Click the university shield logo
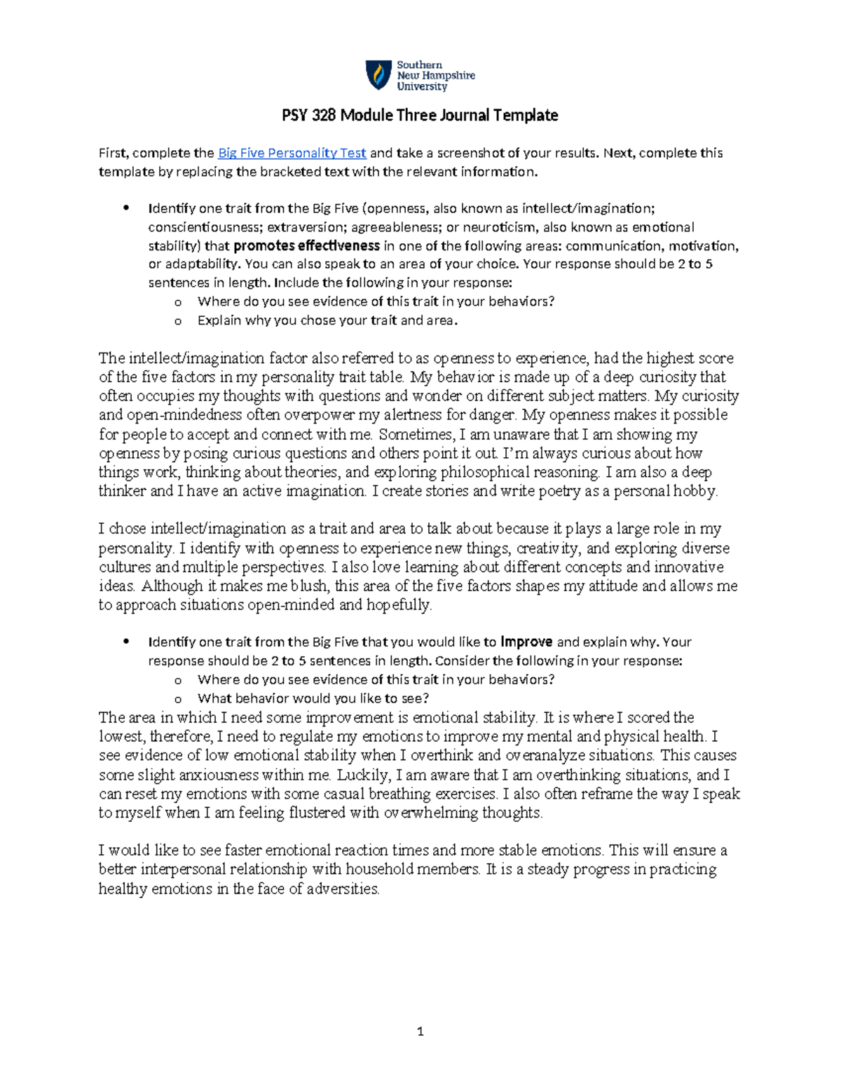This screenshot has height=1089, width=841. (378, 75)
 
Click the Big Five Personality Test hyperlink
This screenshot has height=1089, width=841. (292, 153)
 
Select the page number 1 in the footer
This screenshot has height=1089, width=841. (420, 1031)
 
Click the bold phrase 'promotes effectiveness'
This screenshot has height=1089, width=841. (307, 246)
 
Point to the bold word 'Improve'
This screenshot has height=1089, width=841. (526, 642)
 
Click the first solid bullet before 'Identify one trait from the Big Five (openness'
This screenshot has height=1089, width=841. (126, 208)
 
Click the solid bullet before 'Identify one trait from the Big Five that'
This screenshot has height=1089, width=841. (126, 641)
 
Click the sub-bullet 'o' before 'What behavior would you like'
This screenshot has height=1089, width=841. (178, 699)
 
